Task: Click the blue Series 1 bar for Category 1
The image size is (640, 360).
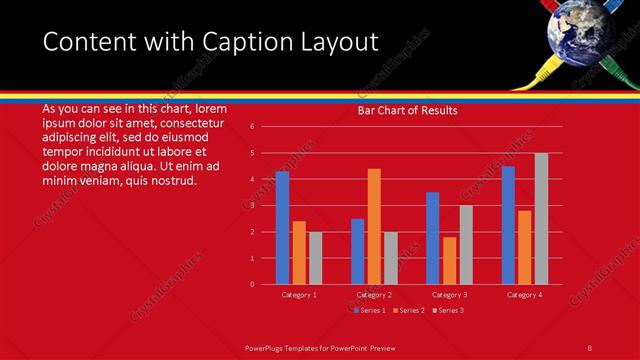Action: pos(282,228)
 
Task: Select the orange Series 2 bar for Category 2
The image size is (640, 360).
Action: pos(374,226)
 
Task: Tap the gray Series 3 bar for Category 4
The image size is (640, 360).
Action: pos(541,219)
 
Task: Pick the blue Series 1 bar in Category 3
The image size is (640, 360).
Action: pos(432,238)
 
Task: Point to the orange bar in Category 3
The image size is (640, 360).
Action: pos(449,260)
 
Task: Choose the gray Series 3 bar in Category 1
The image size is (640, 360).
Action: pos(315,258)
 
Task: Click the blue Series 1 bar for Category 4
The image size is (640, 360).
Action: pos(508,225)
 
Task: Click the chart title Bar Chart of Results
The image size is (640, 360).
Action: pos(408,111)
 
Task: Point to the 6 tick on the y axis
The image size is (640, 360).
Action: pos(253,127)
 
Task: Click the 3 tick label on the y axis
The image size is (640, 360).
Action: pos(253,206)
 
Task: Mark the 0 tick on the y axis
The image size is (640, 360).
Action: pos(253,284)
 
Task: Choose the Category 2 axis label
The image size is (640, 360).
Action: pos(374,295)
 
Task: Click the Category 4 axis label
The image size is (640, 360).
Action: pos(524,295)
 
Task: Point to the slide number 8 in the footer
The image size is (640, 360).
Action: pos(590,347)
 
